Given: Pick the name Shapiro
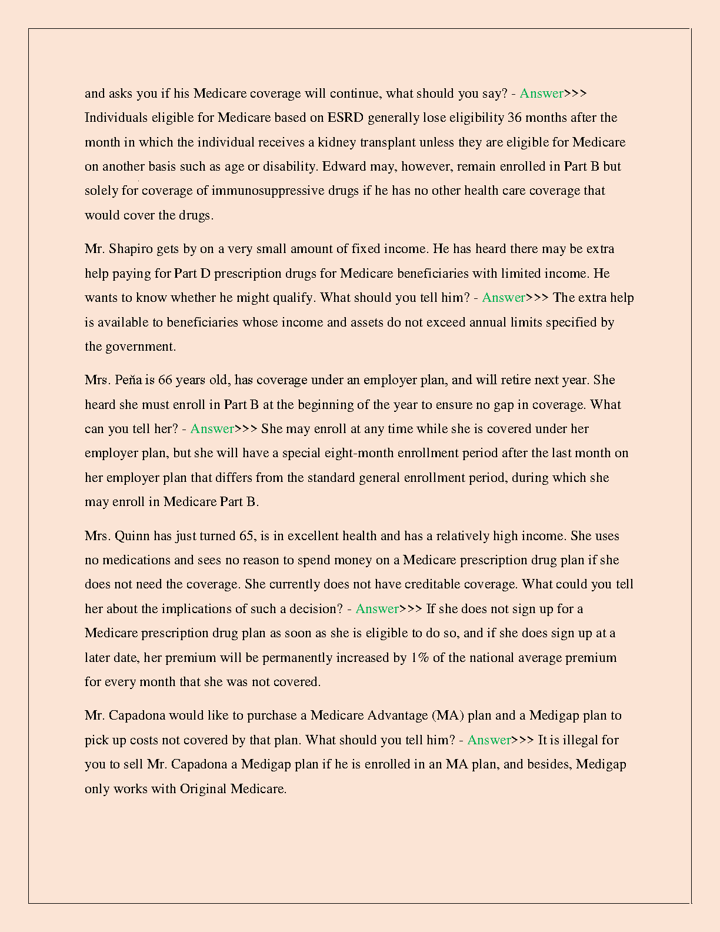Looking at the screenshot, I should tap(131, 249).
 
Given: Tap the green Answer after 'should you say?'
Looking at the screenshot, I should tap(541, 94).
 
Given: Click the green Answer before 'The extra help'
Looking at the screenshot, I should tap(504, 298).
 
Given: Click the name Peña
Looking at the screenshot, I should tap(128, 380).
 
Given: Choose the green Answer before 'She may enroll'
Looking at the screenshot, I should tap(212, 429).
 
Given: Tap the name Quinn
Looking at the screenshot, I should tap(132, 536).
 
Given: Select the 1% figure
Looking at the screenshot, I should tap(419, 658).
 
